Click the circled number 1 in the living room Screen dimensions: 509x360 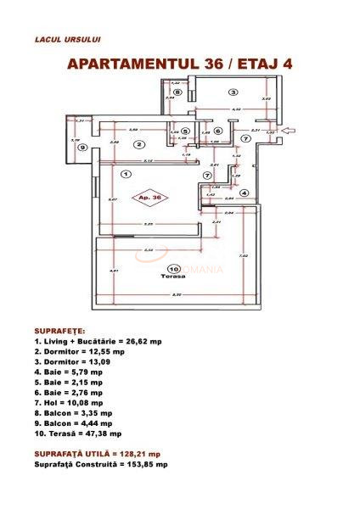[126, 174]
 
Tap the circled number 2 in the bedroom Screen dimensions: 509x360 [138, 144]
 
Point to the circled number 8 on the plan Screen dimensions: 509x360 [177, 92]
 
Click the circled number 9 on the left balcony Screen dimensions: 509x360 [82, 147]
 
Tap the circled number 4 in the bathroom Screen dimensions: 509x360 [243, 193]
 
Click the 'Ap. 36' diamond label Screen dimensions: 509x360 [153, 197]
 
